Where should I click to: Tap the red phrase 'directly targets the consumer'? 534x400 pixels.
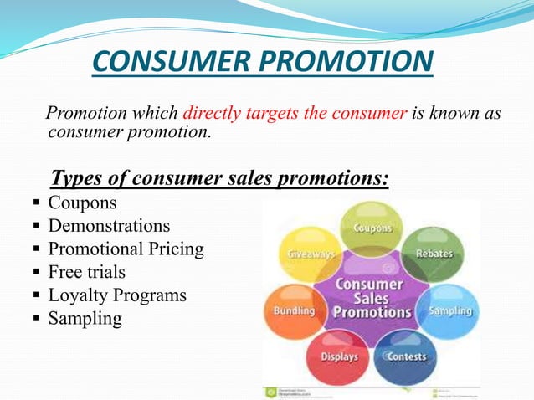295,114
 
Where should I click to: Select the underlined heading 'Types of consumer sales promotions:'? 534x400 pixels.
220,178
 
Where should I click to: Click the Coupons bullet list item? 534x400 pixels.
82,203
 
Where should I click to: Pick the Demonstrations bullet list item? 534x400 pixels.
109,226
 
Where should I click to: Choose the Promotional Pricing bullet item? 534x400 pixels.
126,249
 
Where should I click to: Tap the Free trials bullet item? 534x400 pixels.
86,272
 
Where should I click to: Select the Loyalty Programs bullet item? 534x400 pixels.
117,295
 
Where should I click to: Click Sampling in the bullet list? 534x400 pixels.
85,319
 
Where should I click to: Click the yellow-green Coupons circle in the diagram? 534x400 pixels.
371,228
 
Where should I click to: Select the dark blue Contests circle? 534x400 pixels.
405,356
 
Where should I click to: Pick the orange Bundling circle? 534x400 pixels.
292,310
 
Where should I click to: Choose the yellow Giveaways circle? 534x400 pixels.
311,253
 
